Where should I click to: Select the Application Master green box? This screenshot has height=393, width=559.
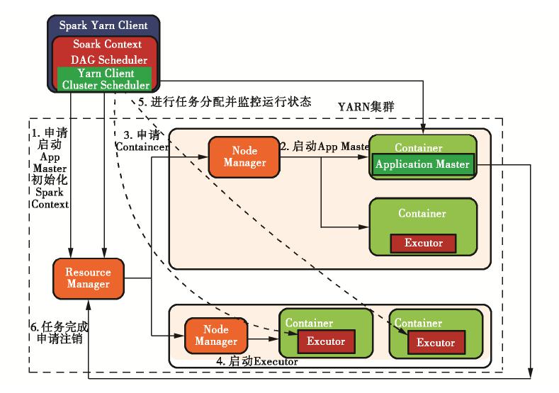(423, 165)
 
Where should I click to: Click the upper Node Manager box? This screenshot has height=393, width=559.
(244, 157)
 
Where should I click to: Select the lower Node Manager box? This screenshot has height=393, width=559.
(220, 335)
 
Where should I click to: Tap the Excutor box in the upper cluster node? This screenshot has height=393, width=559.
(423, 243)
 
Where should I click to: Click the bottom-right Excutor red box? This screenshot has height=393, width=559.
(436, 343)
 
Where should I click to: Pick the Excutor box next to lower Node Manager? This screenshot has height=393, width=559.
(325, 341)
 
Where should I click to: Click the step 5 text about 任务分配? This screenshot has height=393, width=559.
(225, 101)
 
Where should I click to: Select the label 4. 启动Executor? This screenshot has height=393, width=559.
(256, 362)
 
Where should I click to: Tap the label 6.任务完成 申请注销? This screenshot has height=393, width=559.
(60, 333)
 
